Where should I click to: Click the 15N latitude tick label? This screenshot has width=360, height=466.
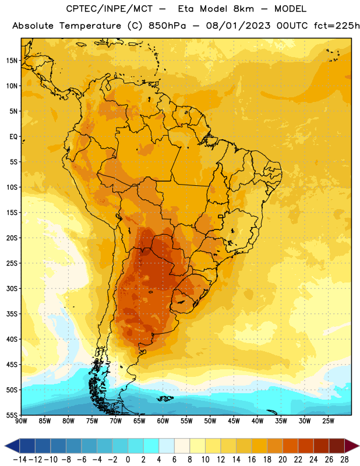[12, 61]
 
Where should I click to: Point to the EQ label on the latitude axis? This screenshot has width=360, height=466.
[13, 136]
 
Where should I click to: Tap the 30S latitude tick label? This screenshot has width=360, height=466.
[12, 288]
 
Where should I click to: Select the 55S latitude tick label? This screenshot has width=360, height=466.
[12, 415]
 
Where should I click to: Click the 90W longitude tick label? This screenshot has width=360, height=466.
[21, 421]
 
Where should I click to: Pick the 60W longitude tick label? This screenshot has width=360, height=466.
[163, 421]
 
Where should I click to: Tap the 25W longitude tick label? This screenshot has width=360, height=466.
[328, 421]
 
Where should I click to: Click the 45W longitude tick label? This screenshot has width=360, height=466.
[234, 421]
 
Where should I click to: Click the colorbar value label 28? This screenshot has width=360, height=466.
[344, 460]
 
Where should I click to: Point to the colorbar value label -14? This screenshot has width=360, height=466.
[20, 460]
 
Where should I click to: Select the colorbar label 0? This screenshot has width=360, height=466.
[128, 460]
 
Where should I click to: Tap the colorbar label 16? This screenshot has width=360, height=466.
[252, 460]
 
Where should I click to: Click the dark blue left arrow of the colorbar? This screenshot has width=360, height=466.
[12, 446]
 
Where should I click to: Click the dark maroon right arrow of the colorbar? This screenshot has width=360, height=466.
[352, 446]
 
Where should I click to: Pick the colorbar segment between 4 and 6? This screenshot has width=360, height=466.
[167, 446]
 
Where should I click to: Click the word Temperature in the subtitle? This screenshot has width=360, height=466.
[90, 26]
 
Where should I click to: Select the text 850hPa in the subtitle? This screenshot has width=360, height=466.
[167, 26]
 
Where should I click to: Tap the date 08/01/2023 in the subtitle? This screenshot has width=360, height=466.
[238, 26]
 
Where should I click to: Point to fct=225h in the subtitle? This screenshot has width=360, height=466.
[337, 26]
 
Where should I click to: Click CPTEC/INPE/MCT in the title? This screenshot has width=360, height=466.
[109, 9]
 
